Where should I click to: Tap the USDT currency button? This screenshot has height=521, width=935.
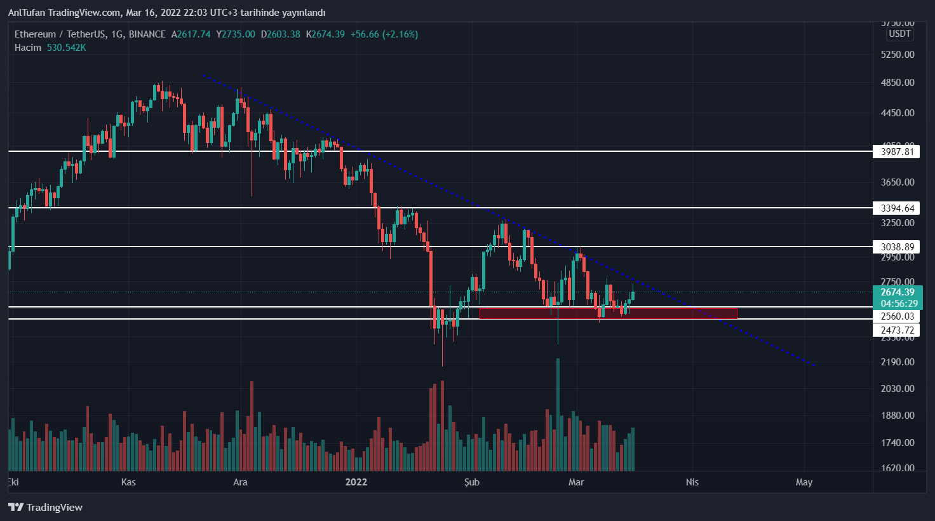pyautogui.click(x=899, y=34)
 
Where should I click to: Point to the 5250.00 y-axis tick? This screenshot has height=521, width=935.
pyautogui.click(x=897, y=55)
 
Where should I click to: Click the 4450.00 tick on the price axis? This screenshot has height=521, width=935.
pyautogui.click(x=897, y=113)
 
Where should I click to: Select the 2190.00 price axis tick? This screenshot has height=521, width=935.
pyautogui.click(x=897, y=362)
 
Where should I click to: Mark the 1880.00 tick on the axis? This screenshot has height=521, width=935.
pyautogui.click(x=897, y=416)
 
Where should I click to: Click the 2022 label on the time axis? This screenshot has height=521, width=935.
pyautogui.click(x=356, y=482)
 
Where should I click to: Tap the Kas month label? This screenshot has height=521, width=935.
pyautogui.click(x=128, y=482)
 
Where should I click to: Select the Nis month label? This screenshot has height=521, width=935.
pyautogui.click(x=692, y=482)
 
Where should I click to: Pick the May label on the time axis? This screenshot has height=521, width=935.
pyautogui.click(x=804, y=482)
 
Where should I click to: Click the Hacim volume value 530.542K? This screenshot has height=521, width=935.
pyautogui.click(x=66, y=48)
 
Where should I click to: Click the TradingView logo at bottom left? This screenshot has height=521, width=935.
pyautogui.click(x=46, y=507)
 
